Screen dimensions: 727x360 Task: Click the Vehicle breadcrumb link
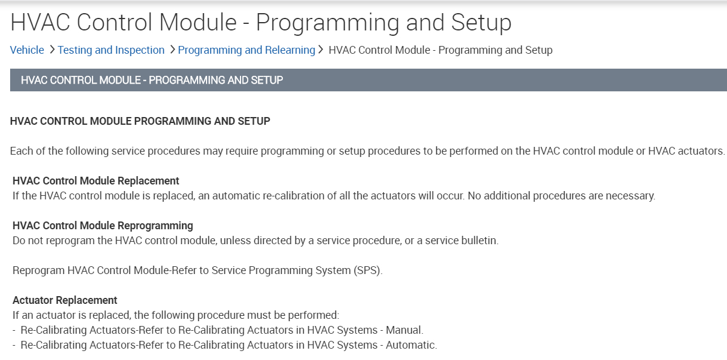pos(27,50)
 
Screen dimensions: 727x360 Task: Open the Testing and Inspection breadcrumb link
pos(111,50)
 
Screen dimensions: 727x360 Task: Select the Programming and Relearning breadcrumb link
pos(247,50)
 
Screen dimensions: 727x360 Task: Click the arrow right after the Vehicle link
pos(52,50)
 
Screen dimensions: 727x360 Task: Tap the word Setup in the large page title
pos(481,23)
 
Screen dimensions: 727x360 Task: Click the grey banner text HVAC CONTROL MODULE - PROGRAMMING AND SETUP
pos(152,80)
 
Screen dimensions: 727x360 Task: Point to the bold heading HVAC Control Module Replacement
pos(96,181)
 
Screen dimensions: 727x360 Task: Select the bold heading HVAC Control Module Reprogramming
pos(103,226)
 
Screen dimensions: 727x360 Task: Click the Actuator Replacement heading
pos(65,300)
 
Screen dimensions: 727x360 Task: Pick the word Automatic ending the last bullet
pos(411,345)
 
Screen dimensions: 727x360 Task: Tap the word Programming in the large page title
pos(328,23)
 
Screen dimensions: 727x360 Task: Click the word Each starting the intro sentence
pos(21,151)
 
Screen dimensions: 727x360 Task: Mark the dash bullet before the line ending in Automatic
pos(14,346)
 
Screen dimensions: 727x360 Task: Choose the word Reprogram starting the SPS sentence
pos(39,270)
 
